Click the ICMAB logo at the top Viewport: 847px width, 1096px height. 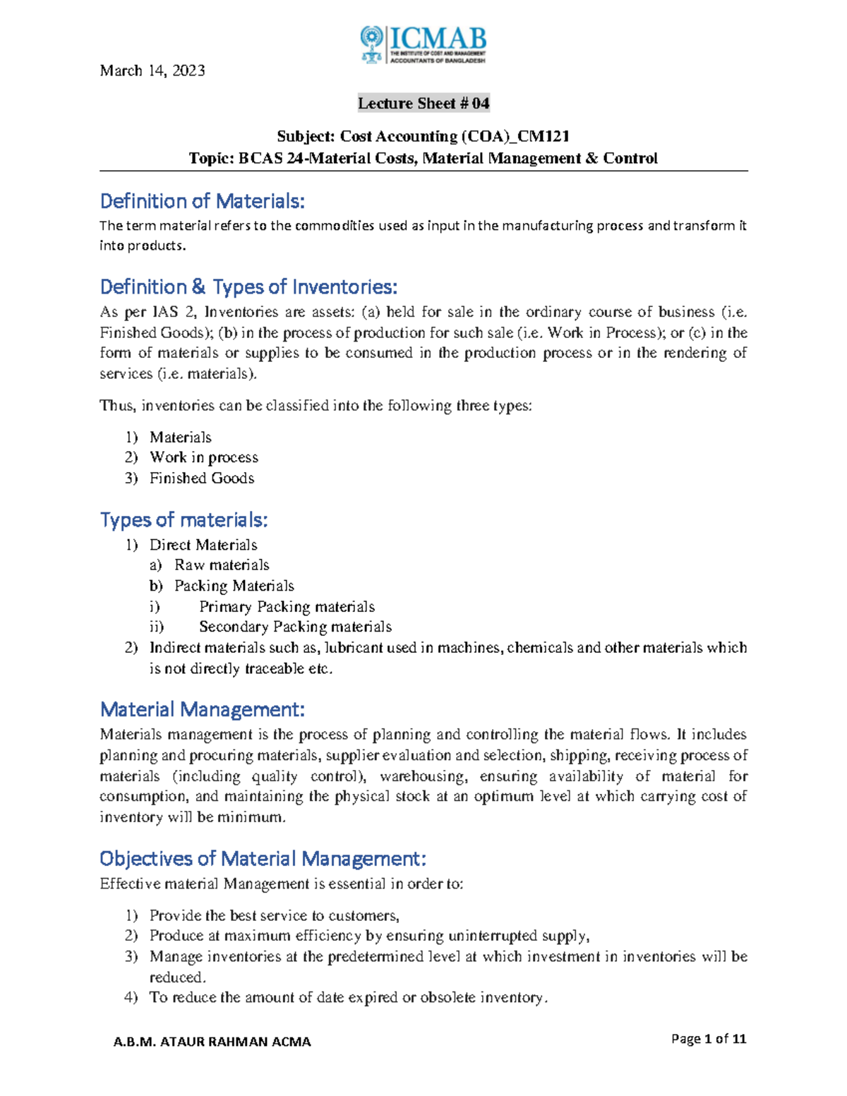[x=423, y=45]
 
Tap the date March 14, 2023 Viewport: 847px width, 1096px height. [x=152, y=71]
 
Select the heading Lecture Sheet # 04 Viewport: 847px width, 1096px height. [x=423, y=104]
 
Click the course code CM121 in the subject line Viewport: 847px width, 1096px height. [x=543, y=136]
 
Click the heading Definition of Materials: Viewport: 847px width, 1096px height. [x=203, y=202]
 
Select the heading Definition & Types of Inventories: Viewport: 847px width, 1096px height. [x=248, y=287]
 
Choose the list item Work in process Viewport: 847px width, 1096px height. [x=204, y=457]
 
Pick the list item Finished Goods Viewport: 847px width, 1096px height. [x=202, y=478]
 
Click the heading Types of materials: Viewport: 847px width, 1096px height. [x=184, y=520]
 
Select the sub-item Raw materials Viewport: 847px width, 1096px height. [x=222, y=565]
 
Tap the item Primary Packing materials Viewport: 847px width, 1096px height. [x=287, y=607]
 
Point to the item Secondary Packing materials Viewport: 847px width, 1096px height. [x=295, y=627]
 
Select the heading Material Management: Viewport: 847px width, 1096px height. [x=203, y=709]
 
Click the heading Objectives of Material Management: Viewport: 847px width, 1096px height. [x=263, y=859]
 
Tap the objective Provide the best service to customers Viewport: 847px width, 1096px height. [x=274, y=915]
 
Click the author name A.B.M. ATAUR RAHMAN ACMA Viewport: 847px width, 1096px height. [x=212, y=1042]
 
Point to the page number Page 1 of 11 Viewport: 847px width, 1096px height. [x=709, y=1039]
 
